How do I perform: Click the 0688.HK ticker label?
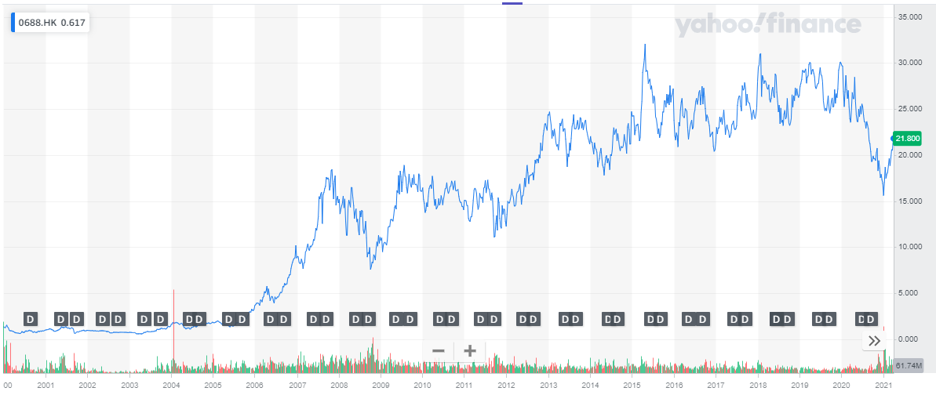pyautogui.click(x=38, y=23)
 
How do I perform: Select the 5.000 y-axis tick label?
pyautogui.click(x=910, y=293)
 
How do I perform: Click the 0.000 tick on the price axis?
pyautogui.click(x=910, y=339)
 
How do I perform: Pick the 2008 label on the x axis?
pyautogui.click(x=339, y=386)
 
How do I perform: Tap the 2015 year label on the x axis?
pyautogui.click(x=632, y=386)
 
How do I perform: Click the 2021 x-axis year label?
pyautogui.click(x=883, y=386)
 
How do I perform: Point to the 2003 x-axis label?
pyautogui.click(x=129, y=386)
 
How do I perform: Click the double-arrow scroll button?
pyautogui.click(x=874, y=341)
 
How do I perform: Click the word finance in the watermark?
pyautogui.click(x=815, y=27)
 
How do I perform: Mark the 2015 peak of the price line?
pyautogui.click(x=645, y=45)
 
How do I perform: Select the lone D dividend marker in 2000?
pyautogui.click(x=31, y=319)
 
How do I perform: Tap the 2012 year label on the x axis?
pyautogui.click(x=506, y=386)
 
